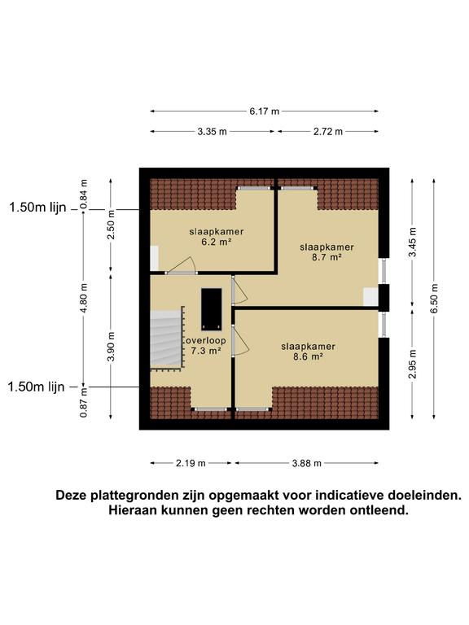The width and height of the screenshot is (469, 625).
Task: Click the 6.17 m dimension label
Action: tap(265, 111)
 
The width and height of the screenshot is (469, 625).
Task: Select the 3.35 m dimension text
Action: tap(213, 131)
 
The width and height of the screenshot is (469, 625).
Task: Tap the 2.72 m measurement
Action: tap(328, 131)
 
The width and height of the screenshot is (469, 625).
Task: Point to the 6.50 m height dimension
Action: tap(435, 298)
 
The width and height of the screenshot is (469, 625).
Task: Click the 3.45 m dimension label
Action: tap(413, 243)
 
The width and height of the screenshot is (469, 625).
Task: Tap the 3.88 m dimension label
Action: tap(307, 463)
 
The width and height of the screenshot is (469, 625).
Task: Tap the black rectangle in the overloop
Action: tap(212, 306)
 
